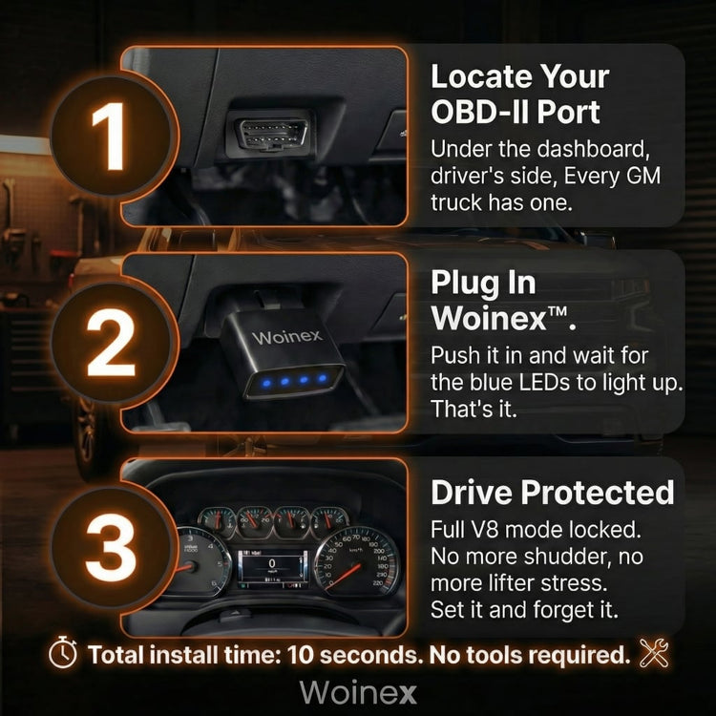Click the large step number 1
click(x=109, y=136)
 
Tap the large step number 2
click(x=111, y=342)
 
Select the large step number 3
click(x=111, y=548)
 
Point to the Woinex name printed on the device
click(x=287, y=337)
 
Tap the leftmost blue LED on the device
click(x=266, y=384)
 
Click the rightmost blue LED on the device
click(x=323, y=378)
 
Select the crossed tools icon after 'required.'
click(x=653, y=653)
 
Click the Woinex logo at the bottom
click(x=358, y=693)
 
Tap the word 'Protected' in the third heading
click(x=598, y=493)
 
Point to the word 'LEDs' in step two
click(x=544, y=383)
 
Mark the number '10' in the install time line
click(x=300, y=655)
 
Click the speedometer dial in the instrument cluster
click(x=357, y=560)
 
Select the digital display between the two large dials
click(x=273, y=568)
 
